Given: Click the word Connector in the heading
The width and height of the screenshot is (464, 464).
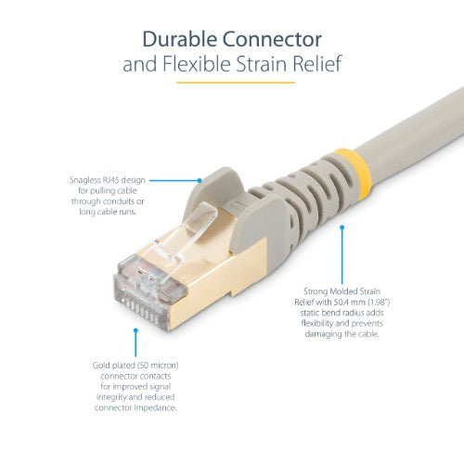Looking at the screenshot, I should pos(276,40).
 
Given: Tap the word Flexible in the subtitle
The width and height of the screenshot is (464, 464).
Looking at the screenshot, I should pos(206,65).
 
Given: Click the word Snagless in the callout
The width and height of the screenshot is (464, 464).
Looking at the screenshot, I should pos(86,180).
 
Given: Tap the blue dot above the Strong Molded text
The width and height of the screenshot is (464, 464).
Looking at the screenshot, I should pos(342,226).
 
